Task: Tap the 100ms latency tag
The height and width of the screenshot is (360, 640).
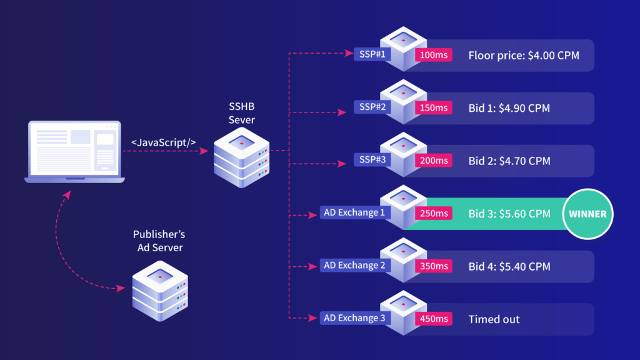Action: click(434, 55)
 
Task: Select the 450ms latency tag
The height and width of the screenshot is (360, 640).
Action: click(434, 319)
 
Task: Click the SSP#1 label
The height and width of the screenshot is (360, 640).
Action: click(372, 54)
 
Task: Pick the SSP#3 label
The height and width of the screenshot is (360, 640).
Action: click(372, 160)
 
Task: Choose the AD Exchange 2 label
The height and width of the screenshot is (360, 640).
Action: click(355, 266)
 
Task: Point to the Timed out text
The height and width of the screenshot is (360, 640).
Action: click(494, 319)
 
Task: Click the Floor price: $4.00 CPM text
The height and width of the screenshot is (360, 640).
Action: click(524, 56)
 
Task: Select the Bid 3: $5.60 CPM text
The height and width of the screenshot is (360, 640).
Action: click(509, 214)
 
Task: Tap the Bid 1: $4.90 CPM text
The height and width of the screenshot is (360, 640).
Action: click(509, 108)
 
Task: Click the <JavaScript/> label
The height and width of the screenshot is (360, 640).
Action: click(164, 142)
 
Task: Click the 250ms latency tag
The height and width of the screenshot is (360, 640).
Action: click(434, 213)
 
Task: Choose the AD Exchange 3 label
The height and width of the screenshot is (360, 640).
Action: click(355, 318)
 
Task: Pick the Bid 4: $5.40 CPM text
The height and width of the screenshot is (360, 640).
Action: click(509, 267)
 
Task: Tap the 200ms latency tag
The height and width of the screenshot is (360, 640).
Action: click(434, 161)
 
